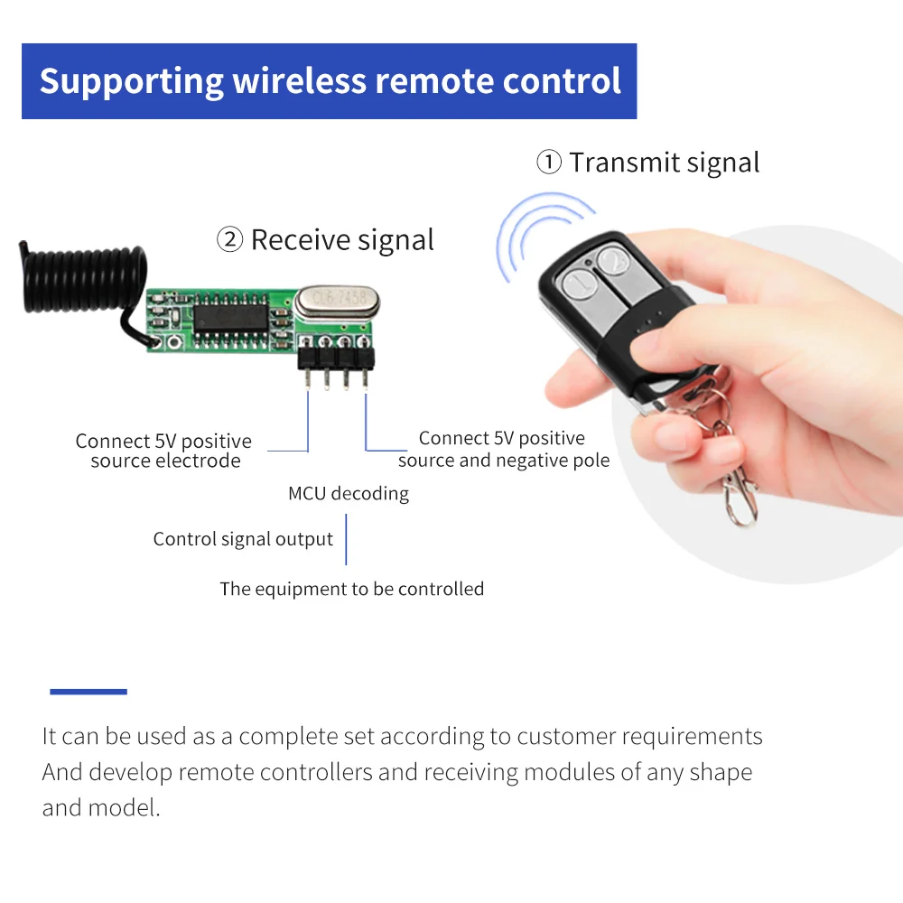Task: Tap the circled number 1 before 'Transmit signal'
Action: coord(548,163)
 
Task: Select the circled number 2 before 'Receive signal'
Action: coord(229,240)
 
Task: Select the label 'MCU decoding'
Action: coord(348,494)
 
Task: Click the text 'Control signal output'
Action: coord(243,540)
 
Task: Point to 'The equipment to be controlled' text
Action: coord(351,590)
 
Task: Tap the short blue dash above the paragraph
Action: coord(88,692)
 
